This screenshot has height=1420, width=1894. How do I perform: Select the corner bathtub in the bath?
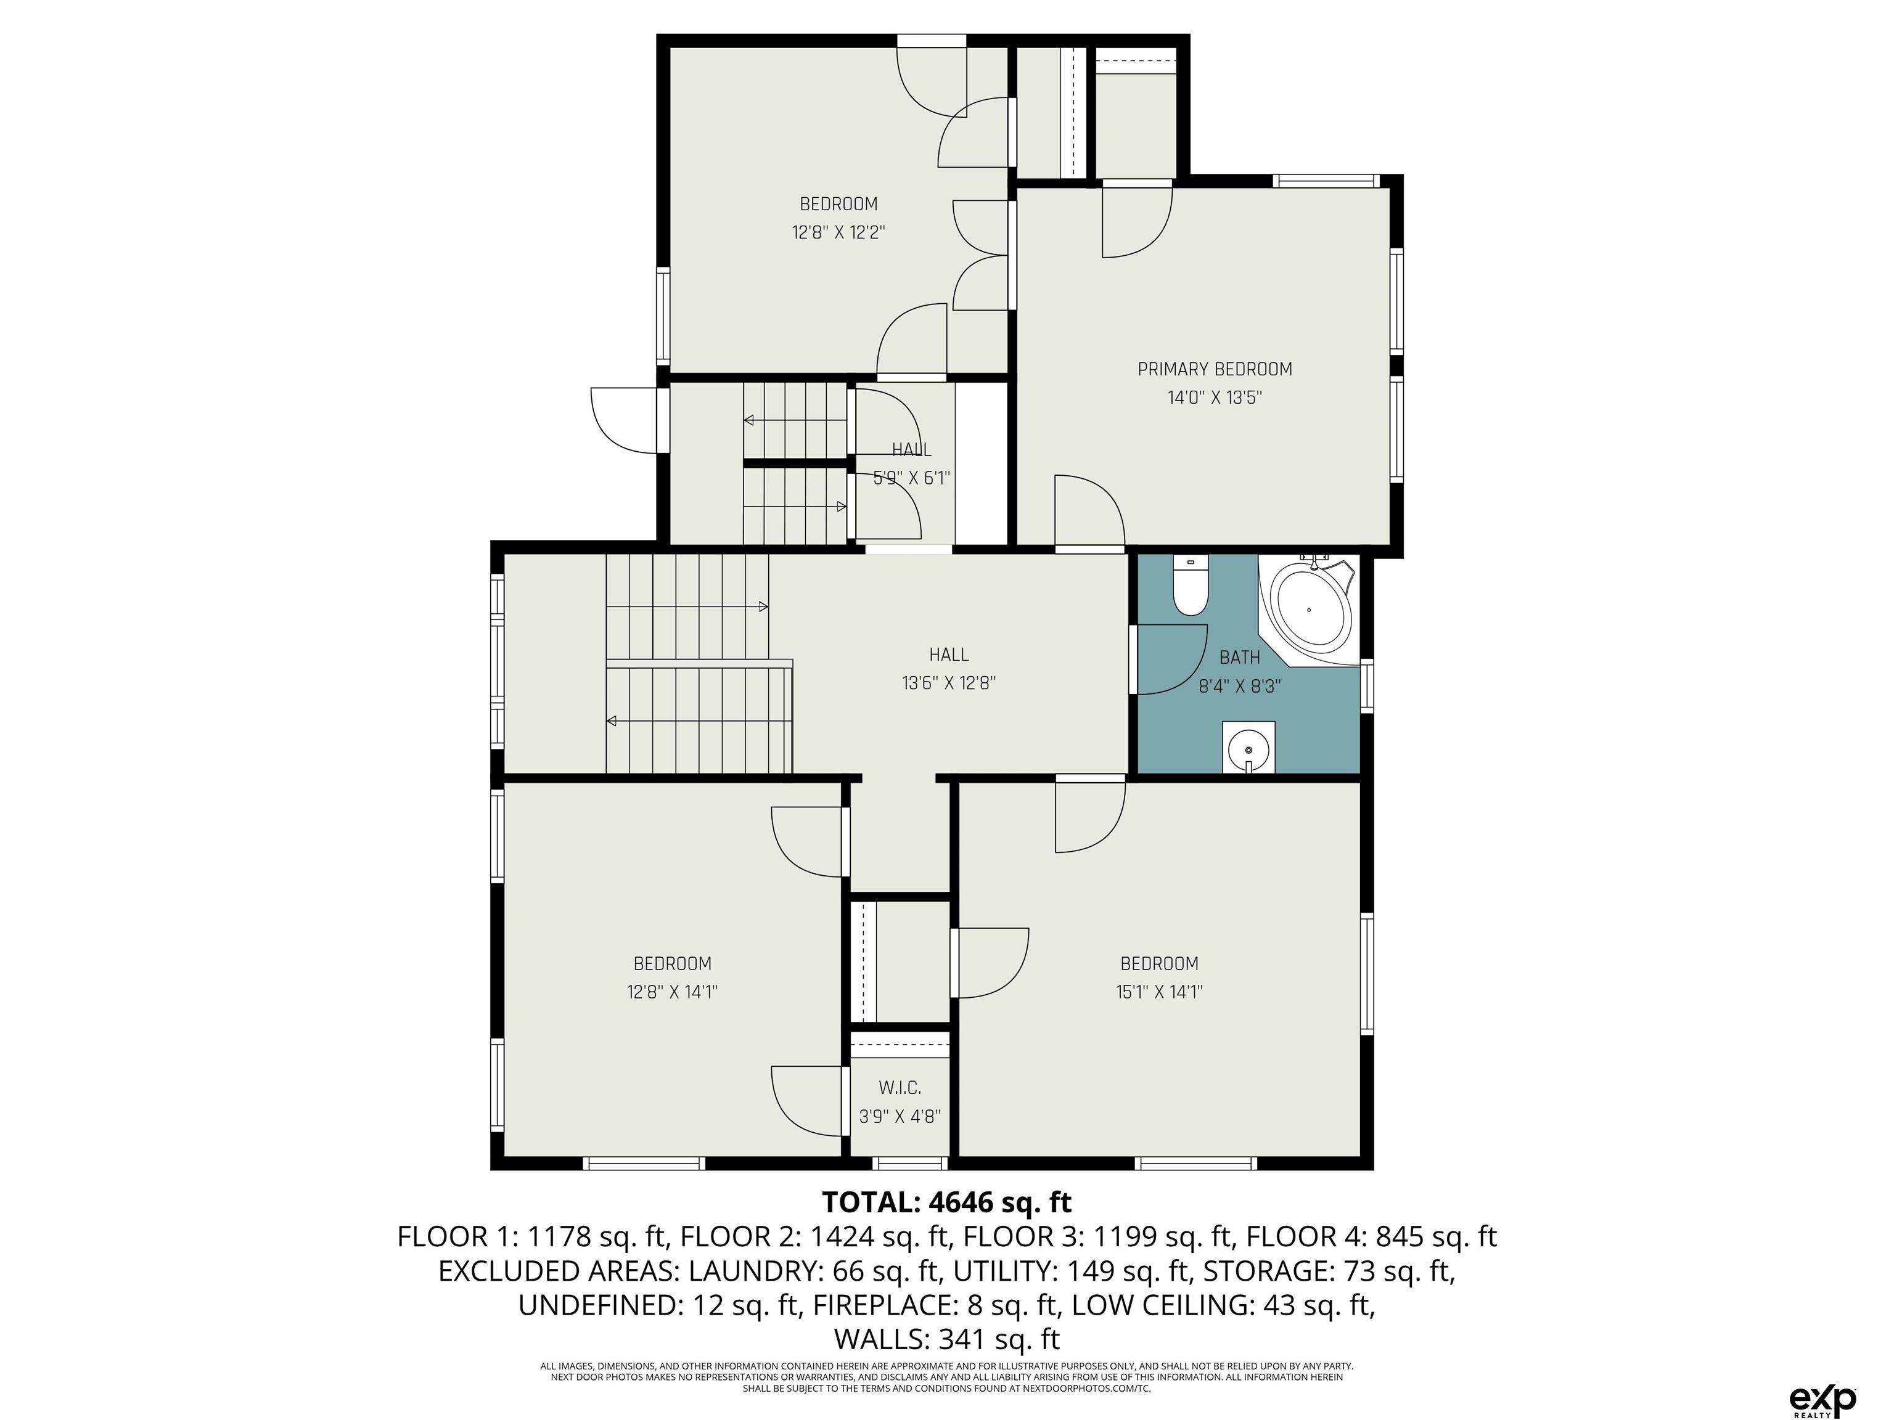(x=1309, y=608)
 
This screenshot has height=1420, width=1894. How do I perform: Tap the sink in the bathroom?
(x=1248, y=747)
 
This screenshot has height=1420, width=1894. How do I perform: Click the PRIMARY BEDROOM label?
(x=1214, y=369)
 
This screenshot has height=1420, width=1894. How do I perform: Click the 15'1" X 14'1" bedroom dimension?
(x=1159, y=992)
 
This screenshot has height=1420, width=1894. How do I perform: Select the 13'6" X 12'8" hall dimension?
(x=949, y=683)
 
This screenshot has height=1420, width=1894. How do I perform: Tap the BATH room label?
(x=1240, y=658)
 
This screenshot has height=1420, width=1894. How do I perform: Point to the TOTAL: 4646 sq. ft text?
(x=947, y=1202)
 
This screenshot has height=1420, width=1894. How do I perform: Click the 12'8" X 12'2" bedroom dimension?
(x=838, y=232)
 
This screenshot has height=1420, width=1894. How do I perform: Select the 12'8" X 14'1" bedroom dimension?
(x=672, y=992)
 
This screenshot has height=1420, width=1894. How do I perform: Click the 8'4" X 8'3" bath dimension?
(x=1240, y=685)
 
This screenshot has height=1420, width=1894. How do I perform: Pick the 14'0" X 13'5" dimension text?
(x=1214, y=397)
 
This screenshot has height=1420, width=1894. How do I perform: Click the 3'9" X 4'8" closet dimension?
(x=900, y=1116)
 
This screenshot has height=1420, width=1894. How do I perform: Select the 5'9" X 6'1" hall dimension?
(x=911, y=478)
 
